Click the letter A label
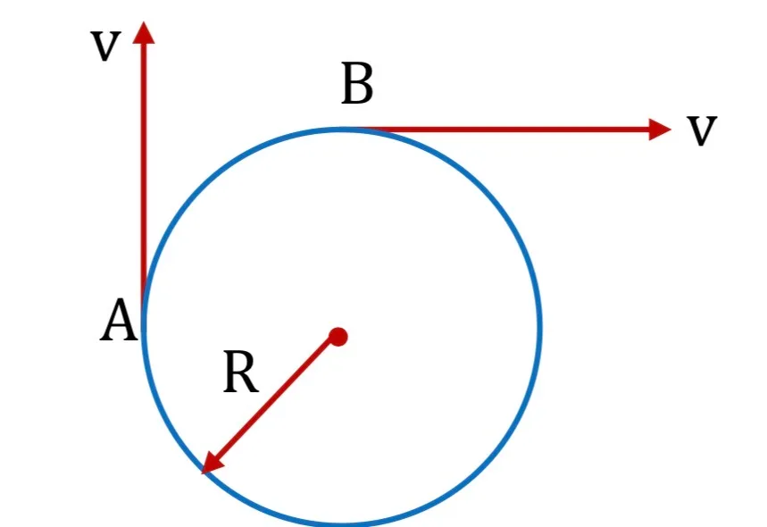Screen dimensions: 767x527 (x=119, y=321)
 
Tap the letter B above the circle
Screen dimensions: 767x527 (x=357, y=83)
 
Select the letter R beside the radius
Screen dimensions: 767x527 (x=241, y=372)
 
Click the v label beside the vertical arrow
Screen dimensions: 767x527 (x=105, y=46)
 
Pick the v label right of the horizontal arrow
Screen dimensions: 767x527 (x=702, y=130)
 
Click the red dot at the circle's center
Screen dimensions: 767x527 (x=338, y=337)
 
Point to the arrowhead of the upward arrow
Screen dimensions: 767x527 (x=144, y=32)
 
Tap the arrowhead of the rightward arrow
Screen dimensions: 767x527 (x=660, y=130)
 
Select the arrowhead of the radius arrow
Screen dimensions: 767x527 (x=212, y=463)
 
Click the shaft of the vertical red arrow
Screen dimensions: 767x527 (x=144, y=176)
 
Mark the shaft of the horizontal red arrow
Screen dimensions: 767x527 (x=506, y=130)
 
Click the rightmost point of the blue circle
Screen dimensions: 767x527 (x=539, y=326)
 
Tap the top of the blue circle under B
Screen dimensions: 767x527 (x=341, y=130)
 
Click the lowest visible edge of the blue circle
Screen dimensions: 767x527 (x=341, y=523)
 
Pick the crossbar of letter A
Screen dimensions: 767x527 (x=119, y=327)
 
